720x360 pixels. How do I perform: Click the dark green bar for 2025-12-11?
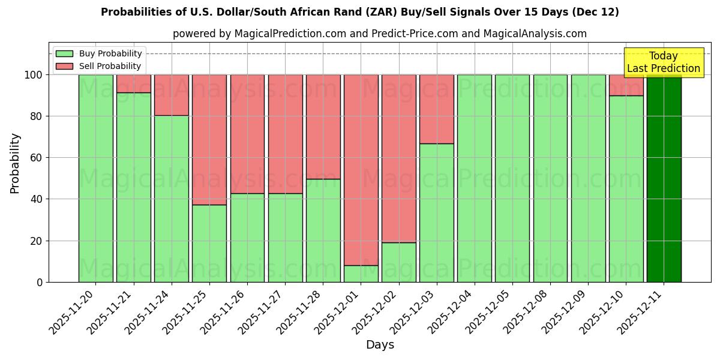click(x=664, y=178)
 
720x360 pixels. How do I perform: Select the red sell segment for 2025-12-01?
click(x=361, y=170)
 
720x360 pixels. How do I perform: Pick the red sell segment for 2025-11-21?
click(x=133, y=83)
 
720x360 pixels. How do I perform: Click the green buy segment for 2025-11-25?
click(x=209, y=243)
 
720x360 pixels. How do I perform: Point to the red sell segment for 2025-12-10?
click(x=626, y=85)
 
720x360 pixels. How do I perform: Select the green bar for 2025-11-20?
click(x=95, y=178)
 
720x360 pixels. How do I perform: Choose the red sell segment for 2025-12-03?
click(x=437, y=109)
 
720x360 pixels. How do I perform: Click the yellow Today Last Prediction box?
click(x=663, y=62)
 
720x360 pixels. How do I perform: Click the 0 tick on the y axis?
click(x=40, y=282)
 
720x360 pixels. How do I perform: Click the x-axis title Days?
click(x=380, y=345)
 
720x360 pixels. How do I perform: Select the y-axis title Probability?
click(x=15, y=163)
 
